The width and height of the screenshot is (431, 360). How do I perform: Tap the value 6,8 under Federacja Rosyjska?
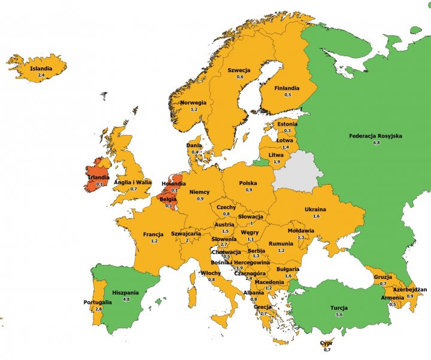point(375,144)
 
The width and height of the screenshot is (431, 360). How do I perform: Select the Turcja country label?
point(339,308)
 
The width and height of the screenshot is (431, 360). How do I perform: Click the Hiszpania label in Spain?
point(126,292)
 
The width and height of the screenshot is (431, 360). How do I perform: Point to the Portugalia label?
point(98,302)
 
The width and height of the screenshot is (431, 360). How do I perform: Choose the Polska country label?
point(248,183)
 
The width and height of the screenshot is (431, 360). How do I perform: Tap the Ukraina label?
point(315,209)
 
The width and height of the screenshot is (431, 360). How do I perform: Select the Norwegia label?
point(193,102)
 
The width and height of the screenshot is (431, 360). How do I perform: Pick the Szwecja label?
point(239,70)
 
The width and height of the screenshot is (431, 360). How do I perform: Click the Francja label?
point(153,234)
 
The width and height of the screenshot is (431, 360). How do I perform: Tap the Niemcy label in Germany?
point(199,192)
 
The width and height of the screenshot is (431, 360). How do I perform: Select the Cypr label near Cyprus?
point(326,343)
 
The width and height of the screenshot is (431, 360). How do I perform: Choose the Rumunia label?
point(281,243)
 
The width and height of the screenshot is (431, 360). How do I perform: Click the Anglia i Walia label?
point(133,182)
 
